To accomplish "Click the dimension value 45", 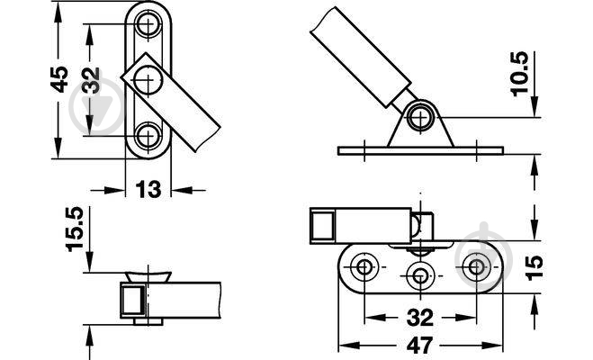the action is [59, 79].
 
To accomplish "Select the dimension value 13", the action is [148, 190].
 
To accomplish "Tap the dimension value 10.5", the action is [519, 74].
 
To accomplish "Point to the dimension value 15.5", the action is [75, 229].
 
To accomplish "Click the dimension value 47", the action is [420, 346].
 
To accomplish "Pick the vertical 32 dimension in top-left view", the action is [91, 80].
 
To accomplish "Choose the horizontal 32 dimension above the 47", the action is [420, 318].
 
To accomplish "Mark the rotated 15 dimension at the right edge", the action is [534, 267].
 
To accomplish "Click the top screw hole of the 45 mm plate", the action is [148, 24].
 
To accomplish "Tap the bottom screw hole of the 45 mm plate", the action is [148, 135].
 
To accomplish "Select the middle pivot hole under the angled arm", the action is [148, 80].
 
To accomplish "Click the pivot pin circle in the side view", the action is [420, 117].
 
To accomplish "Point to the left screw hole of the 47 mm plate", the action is [364, 267].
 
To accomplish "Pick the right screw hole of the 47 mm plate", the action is [476, 267].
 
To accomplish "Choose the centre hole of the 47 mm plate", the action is [420, 275].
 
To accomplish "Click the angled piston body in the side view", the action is [361, 58].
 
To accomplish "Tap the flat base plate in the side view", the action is [420, 151].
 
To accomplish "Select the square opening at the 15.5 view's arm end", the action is [133, 301].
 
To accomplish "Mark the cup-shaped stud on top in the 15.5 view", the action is [148, 276].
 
